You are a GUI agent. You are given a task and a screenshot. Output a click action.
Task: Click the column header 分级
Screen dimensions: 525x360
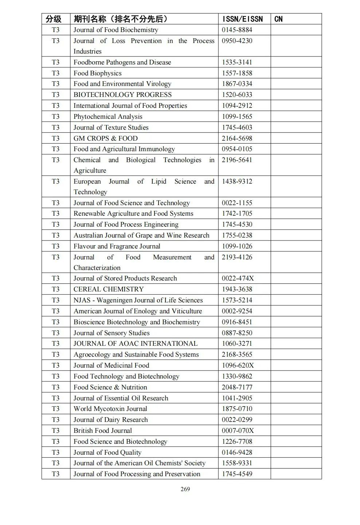tap(54, 19)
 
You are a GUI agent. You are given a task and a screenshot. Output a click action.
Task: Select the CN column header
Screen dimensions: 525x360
tap(278, 19)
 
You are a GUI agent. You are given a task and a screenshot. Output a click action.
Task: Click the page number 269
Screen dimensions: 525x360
tap(185, 489)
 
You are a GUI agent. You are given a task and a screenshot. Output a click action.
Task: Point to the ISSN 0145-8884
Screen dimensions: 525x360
tap(237, 30)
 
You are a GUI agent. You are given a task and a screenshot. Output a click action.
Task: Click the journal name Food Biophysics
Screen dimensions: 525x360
tap(97, 73)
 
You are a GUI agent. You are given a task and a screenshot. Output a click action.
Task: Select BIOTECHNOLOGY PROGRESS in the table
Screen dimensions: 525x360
tap(122, 95)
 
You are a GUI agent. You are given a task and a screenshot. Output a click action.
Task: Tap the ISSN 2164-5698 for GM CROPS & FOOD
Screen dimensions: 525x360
tap(237, 138)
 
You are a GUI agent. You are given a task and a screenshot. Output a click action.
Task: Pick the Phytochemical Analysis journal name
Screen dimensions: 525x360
tap(108, 117)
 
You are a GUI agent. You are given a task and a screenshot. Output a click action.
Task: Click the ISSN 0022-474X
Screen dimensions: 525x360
tap(238, 278)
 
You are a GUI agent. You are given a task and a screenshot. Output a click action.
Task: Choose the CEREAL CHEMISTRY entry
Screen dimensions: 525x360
tap(109, 289)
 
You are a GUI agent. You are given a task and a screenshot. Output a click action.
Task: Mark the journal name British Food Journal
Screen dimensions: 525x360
tap(102, 431)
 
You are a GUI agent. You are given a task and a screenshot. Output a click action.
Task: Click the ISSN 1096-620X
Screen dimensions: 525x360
tap(238, 365)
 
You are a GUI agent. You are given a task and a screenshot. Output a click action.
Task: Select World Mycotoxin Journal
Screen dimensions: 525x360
tap(110, 409)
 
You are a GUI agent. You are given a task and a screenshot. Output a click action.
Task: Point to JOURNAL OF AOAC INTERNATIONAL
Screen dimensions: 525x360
tap(136, 344)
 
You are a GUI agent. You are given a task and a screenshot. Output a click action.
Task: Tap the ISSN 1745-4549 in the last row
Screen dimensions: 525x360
tap(237, 474)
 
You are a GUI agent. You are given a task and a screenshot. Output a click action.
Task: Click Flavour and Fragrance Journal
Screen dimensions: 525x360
tap(117, 246)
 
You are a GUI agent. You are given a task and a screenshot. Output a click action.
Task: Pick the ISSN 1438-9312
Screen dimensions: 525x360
tap(237, 181)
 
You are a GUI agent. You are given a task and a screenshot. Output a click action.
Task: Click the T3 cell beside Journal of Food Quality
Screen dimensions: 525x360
tap(55, 452)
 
